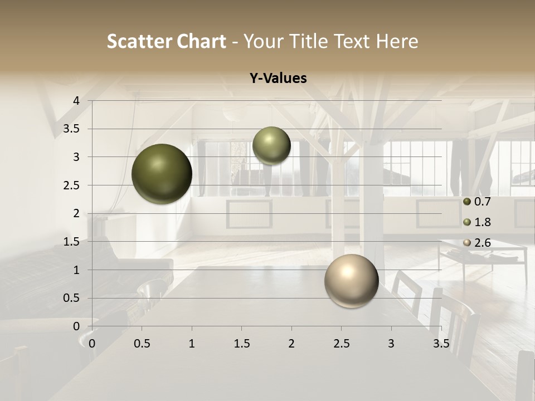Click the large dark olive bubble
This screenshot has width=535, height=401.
pyautogui.click(x=162, y=174)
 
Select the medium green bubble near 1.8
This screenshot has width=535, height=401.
pyautogui.click(x=271, y=145)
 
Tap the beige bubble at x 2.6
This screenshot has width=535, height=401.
pyautogui.click(x=351, y=281)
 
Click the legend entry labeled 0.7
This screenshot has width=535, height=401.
pyautogui.click(x=478, y=202)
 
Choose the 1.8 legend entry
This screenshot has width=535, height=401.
pyautogui.click(x=478, y=222)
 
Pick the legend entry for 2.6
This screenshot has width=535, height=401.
pyautogui.click(x=478, y=243)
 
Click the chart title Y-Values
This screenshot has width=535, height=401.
pyautogui.click(x=278, y=79)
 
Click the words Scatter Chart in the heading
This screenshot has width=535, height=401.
pyautogui.click(x=166, y=41)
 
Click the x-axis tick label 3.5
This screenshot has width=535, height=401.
pyautogui.click(x=441, y=344)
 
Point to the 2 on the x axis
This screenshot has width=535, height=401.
pyautogui.click(x=291, y=344)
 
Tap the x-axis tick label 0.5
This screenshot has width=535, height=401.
pyautogui.click(x=142, y=344)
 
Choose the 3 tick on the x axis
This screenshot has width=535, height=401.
pyautogui.click(x=391, y=344)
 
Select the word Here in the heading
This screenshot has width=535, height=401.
pyautogui.click(x=397, y=41)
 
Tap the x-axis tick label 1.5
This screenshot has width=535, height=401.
pyautogui.click(x=242, y=344)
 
